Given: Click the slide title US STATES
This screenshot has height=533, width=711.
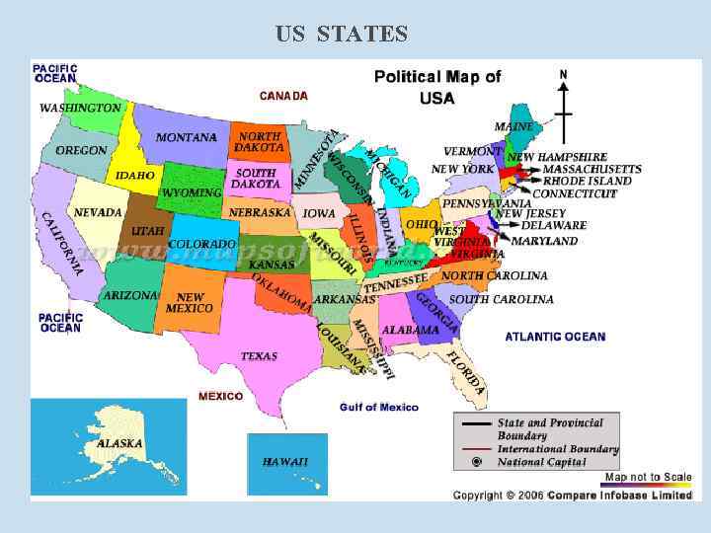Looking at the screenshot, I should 342,35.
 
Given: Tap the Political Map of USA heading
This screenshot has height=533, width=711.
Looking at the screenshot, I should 436,87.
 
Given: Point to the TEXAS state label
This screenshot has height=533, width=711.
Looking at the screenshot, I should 259,355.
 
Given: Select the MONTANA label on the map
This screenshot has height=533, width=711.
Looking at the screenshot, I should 187,137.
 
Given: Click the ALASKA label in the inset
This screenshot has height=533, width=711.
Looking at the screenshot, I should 119,443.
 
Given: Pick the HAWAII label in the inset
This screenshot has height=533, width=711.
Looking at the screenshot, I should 285,461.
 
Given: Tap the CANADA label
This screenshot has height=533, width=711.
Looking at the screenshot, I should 283,96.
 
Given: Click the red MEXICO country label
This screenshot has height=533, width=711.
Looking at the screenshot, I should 220,396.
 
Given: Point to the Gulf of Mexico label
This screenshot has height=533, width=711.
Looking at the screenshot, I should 379,407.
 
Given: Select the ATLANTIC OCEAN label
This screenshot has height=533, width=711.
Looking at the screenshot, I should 555,337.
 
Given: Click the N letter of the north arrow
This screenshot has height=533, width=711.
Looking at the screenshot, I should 564,74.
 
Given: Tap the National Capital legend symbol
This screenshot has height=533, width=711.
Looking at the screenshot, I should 477,461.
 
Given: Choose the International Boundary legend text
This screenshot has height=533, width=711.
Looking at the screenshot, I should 558,448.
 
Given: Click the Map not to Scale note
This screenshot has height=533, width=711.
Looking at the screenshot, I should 648,478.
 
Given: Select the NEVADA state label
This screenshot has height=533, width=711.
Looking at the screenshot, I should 98,212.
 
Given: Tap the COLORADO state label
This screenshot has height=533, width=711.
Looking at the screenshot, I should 201,244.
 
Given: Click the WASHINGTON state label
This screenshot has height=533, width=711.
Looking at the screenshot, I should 80,107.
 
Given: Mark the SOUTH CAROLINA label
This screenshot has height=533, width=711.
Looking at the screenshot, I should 502,299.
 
